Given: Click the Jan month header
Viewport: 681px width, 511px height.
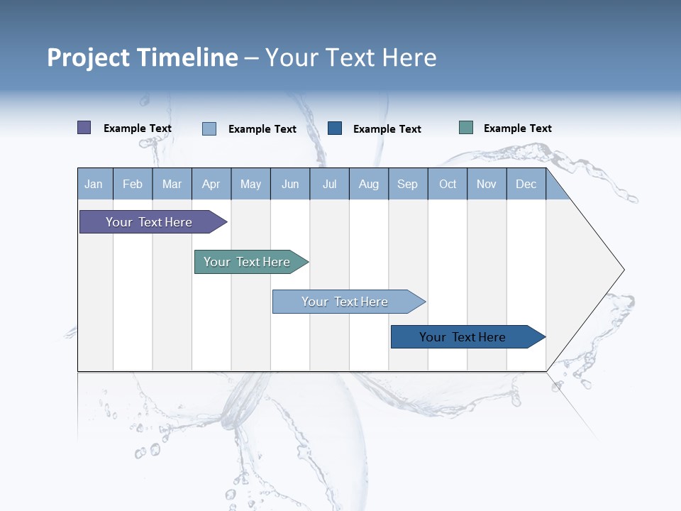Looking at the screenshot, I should [x=94, y=184].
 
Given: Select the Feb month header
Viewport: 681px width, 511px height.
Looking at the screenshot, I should [x=133, y=184].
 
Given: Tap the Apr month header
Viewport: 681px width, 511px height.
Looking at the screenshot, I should [x=211, y=184].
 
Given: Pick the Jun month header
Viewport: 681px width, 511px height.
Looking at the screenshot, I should [x=290, y=184].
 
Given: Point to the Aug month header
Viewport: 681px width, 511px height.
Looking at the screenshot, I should [x=369, y=184].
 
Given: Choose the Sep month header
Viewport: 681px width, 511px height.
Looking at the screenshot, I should [x=408, y=184].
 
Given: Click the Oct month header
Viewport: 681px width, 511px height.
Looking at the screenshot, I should [x=448, y=184].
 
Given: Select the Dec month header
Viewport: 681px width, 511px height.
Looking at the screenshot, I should [x=526, y=184].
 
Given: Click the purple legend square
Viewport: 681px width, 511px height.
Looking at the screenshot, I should [x=84, y=128].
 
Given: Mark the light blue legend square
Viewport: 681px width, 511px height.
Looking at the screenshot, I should [x=209, y=128].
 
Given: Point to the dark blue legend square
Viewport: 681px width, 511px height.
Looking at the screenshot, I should [x=335, y=128].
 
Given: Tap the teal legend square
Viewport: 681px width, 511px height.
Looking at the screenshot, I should [x=466, y=128].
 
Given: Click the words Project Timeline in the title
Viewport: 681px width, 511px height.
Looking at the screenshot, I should [x=143, y=57].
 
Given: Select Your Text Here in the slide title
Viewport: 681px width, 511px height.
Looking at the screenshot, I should [x=351, y=57].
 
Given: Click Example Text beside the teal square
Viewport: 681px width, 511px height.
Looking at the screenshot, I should [x=517, y=128].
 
